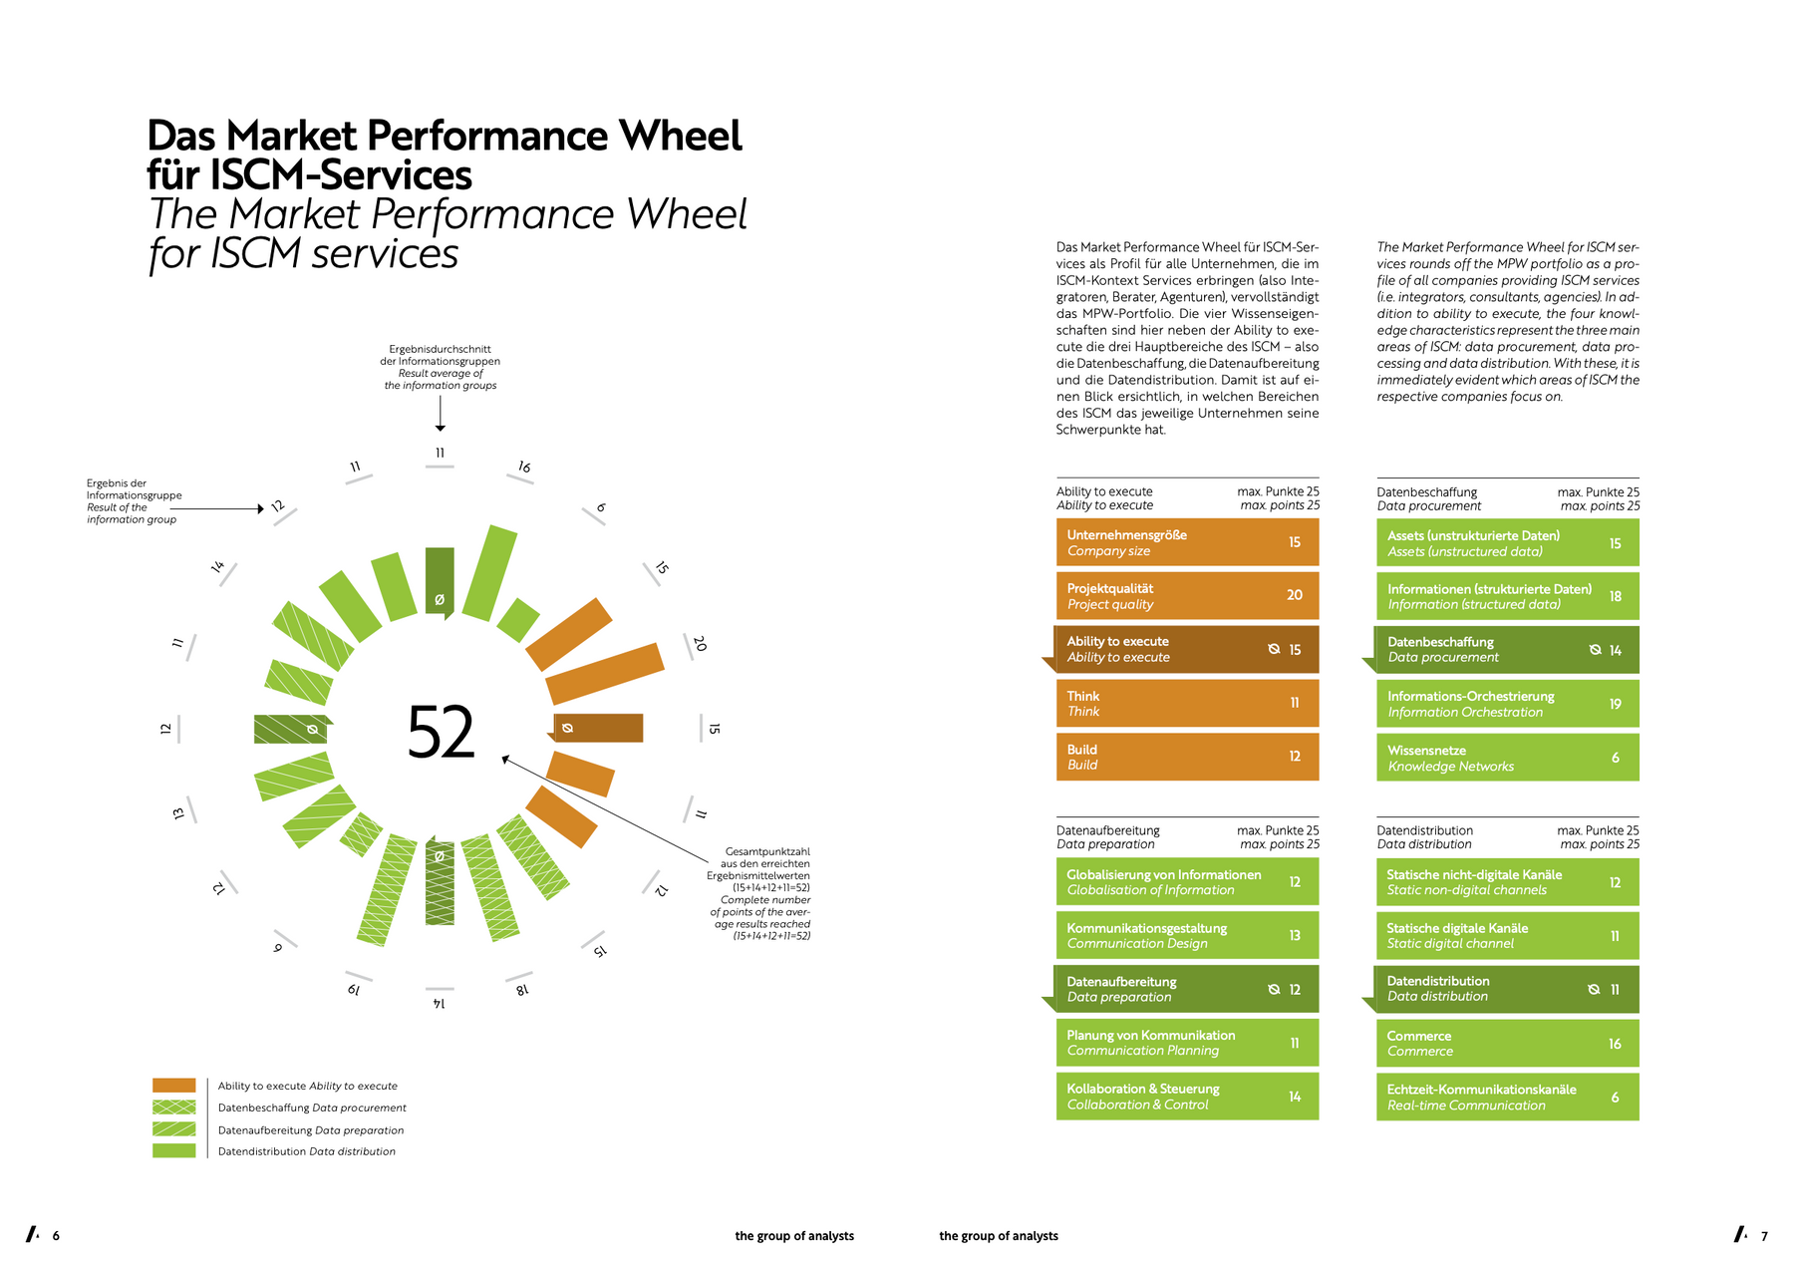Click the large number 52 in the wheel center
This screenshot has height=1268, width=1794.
point(441,733)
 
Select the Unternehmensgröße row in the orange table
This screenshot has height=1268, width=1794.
point(1187,542)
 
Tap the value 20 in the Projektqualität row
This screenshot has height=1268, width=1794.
point(1294,595)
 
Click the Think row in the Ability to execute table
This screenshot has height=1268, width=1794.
point(1187,703)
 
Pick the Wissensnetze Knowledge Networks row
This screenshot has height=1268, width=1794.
point(1507,758)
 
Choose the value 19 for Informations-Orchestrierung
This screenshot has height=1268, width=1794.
point(1615,704)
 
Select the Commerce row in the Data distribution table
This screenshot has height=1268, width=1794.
point(1507,1044)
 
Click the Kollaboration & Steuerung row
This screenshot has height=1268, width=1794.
point(1187,1097)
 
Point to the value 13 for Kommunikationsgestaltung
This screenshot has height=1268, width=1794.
point(1294,936)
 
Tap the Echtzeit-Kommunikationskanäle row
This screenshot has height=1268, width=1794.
point(1507,1098)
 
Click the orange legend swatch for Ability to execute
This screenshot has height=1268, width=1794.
point(174,1086)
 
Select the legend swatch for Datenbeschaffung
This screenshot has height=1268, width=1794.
point(174,1108)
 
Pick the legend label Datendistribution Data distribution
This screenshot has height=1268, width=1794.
point(307,1151)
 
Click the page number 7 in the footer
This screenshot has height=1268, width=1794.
point(1764,1236)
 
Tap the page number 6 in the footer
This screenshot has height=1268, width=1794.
point(56,1236)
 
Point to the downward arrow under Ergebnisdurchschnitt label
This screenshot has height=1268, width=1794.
point(440,414)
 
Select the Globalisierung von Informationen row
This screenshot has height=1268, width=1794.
point(1187,882)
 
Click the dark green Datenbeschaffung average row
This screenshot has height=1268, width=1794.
point(1507,650)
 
